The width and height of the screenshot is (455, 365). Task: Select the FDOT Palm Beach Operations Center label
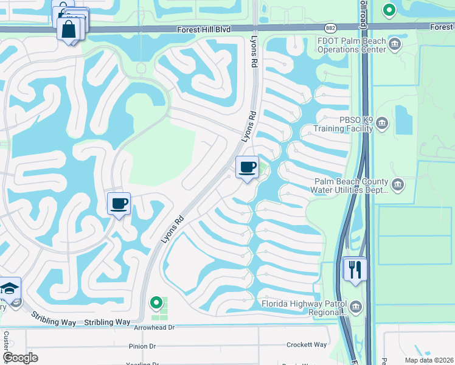pos(352,45)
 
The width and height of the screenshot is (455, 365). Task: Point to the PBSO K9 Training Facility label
pos(342,125)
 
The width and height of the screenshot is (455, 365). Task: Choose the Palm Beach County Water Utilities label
pos(350,186)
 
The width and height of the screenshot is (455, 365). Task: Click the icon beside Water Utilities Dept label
pos(397,184)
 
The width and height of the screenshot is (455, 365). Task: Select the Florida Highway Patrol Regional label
pos(302,308)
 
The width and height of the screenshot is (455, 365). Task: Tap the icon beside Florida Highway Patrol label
pos(355,306)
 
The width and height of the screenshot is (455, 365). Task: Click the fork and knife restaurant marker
pos(355,268)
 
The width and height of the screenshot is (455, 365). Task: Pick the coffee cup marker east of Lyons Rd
pos(247,167)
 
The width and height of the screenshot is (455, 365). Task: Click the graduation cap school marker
pos(9,288)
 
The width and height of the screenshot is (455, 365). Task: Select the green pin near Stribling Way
pos(156,302)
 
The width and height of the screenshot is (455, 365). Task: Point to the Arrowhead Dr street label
pos(155,327)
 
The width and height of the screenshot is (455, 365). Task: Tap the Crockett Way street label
pos(307,345)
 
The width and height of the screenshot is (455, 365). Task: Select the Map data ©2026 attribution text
pos(428,360)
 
